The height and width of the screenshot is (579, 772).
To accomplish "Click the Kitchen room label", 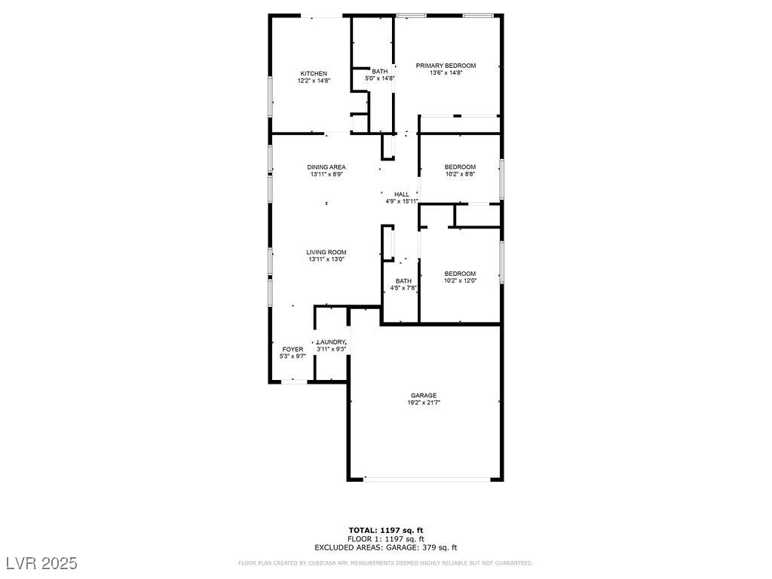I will coord(314,73).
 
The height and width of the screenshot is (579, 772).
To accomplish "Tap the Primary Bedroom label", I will coord(446,66).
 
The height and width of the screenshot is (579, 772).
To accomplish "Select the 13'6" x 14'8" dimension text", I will coord(446,73).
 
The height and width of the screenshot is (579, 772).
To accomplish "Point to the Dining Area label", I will coord(326,167).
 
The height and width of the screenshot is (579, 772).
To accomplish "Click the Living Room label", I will coord(326,252).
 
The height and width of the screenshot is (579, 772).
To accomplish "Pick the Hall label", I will coord(401,195).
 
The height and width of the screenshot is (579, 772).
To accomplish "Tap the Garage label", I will coord(424,395).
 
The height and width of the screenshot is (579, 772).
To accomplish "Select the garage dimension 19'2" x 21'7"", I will coord(424,403).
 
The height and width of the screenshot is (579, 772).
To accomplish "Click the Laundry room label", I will coord(331,342).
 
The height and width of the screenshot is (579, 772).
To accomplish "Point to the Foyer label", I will coord(293,349).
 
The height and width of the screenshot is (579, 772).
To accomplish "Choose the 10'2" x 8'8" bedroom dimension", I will coord(460,174).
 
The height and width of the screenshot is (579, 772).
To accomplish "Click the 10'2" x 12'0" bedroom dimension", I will coord(460,280).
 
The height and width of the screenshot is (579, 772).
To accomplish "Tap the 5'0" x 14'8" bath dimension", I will coord(380,78).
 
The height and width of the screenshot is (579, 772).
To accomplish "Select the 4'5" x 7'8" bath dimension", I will coord(403,288).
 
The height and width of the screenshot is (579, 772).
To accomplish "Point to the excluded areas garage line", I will coord(385,547).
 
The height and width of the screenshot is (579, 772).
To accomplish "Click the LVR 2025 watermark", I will coord(41,563).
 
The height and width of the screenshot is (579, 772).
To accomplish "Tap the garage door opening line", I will coord(426,478).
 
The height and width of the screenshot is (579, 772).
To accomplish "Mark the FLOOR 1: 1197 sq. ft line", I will coord(385,539).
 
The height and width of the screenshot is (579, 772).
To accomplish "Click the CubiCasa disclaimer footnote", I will coord(385,563).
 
